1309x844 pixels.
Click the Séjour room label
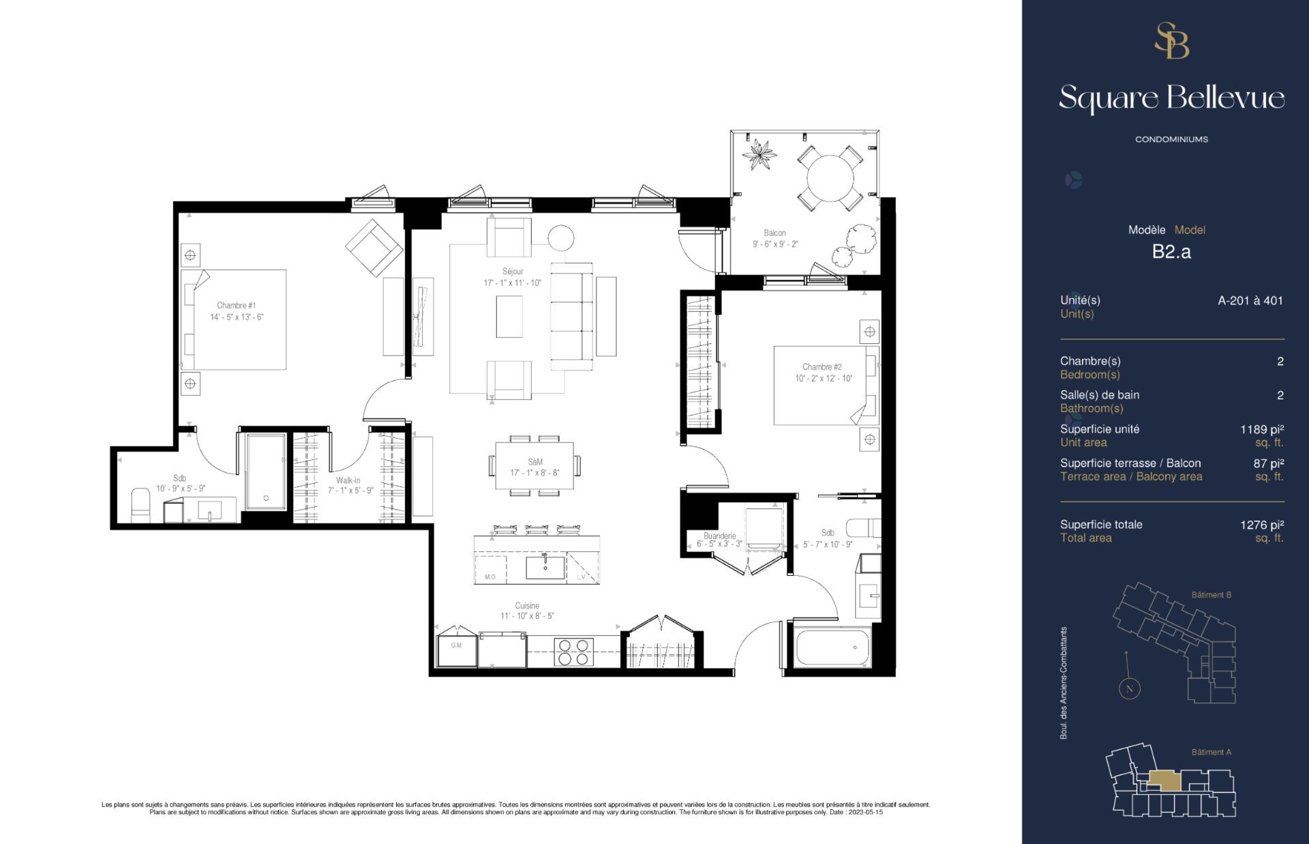(x=513, y=272)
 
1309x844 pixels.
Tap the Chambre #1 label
(x=237, y=306)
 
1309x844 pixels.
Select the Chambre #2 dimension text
(x=824, y=379)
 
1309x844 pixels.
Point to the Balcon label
(x=774, y=233)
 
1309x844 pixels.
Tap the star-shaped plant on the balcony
(x=759, y=155)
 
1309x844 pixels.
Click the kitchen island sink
(x=545, y=568)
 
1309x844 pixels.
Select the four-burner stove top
(x=574, y=651)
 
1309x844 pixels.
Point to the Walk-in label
(x=348, y=480)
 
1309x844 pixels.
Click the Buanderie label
(x=720, y=536)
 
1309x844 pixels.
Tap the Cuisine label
(x=527, y=606)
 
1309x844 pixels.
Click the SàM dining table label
(x=535, y=462)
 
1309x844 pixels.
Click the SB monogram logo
(x=1171, y=41)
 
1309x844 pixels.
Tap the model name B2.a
(x=1171, y=252)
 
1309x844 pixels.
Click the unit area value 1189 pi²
(x=1262, y=429)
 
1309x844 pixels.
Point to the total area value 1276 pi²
(x=1262, y=525)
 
